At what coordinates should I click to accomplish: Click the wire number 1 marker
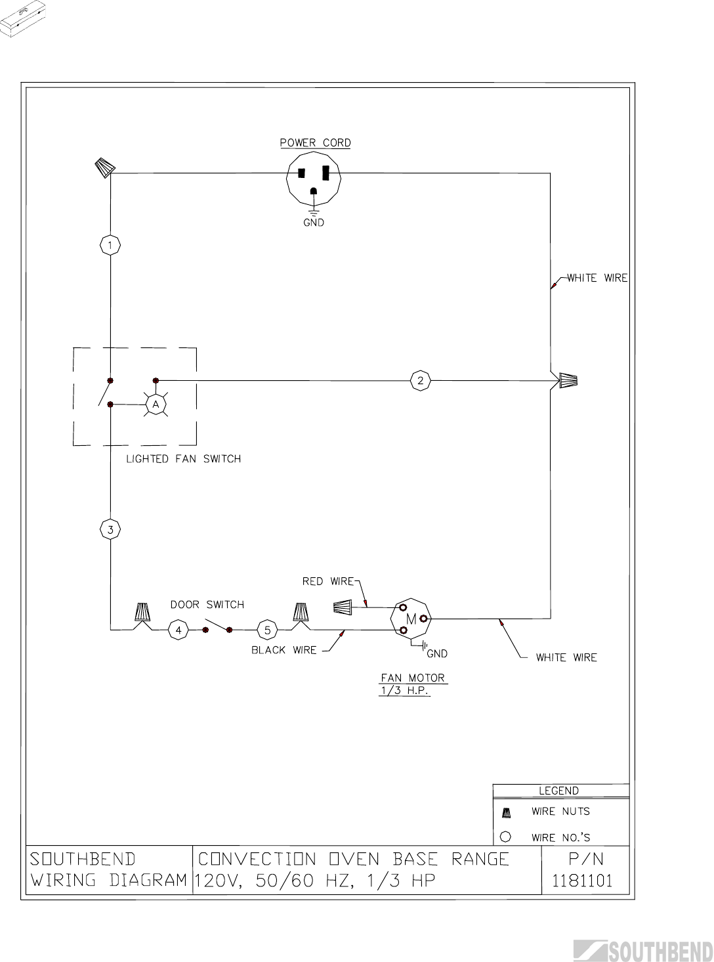(110, 246)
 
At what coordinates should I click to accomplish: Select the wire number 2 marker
(421, 380)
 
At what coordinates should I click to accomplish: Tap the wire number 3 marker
(110, 529)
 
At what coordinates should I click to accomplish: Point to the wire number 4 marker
(178, 630)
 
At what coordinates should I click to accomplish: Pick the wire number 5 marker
(267, 630)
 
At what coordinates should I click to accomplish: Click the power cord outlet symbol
(314, 179)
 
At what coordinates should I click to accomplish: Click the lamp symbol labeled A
(156, 405)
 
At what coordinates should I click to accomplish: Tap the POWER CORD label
(315, 142)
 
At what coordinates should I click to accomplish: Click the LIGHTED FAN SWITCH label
(183, 459)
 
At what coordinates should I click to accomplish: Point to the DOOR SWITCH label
(207, 604)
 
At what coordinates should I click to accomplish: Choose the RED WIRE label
(327, 581)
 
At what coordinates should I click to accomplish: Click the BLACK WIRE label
(283, 650)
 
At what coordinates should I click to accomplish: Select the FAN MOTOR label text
(413, 678)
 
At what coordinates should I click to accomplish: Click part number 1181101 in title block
(582, 881)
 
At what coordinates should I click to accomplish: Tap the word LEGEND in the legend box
(558, 791)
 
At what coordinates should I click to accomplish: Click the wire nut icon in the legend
(506, 812)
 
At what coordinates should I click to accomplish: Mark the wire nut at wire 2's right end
(568, 380)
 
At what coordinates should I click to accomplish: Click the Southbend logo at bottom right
(643, 951)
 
